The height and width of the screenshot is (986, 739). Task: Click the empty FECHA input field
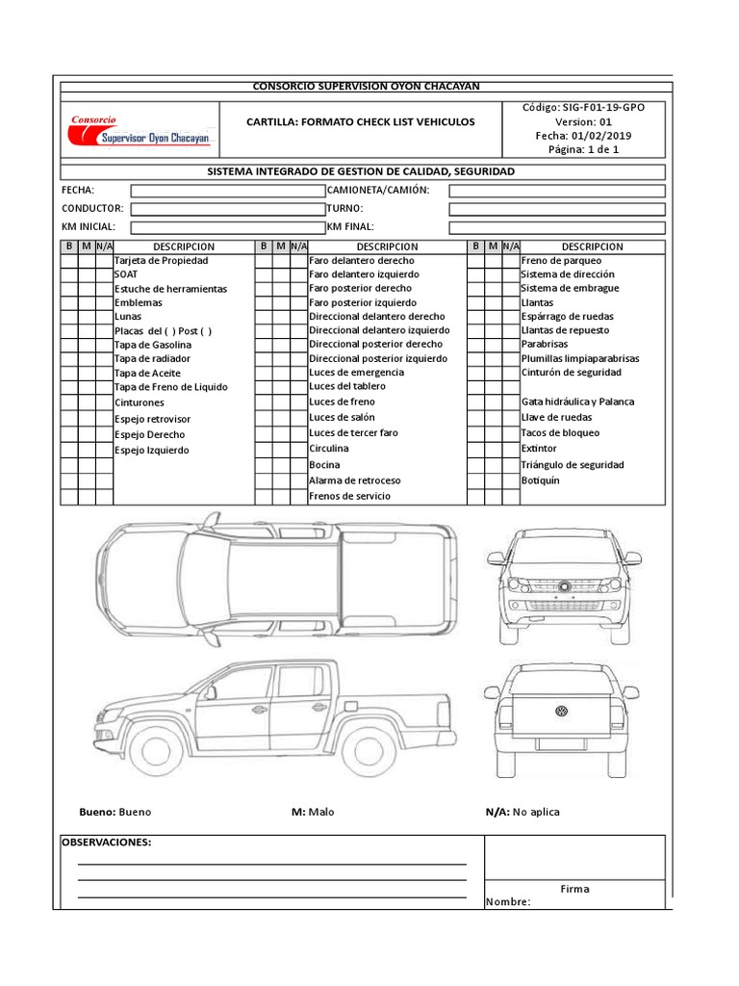(x=227, y=191)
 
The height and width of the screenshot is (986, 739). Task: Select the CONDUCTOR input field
(x=227, y=209)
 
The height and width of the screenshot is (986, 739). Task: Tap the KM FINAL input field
(x=556, y=227)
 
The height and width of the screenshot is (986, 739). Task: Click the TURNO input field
(x=556, y=209)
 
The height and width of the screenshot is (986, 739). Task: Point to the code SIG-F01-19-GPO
(x=603, y=108)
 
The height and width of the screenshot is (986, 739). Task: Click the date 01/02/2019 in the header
(x=599, y=136)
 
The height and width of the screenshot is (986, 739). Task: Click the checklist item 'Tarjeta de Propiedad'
(x=161, y=261)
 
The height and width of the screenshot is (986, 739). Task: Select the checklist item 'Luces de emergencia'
(x=356, y=373)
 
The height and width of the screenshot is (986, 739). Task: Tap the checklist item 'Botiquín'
(x=540, y=480)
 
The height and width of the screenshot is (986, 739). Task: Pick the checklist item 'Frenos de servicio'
(x=349, y=497)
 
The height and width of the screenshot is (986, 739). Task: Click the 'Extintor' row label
(x=539, y=449)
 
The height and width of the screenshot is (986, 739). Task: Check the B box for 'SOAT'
(x=69, y=274)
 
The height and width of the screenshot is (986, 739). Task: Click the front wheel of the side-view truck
(x=157, y=747)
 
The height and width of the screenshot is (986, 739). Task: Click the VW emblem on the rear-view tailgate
(x=560, y=712)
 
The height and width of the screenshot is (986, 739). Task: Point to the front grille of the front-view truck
(x=563, y=585)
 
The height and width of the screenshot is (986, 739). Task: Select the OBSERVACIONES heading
(x=107, y=843)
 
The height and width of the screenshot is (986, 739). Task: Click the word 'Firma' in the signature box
(x=574, y=889)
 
